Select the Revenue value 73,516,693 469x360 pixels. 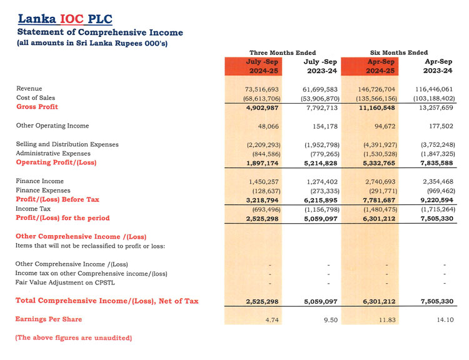[x=261, y=89]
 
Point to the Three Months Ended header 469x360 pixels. [x=283, y=52]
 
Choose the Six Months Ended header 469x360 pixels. [x=399, y=52]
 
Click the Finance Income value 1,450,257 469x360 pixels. [x=261, y=181]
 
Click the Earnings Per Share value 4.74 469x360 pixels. [x=270, y=319]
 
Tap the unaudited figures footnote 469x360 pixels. [x=74, y=338]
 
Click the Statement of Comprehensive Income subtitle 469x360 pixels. [x=100, y=32]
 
